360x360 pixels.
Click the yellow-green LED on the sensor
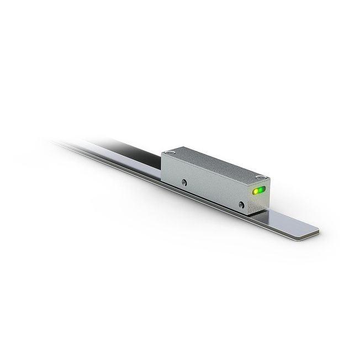click(255, 192)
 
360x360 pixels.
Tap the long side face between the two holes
click(213, 190)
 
